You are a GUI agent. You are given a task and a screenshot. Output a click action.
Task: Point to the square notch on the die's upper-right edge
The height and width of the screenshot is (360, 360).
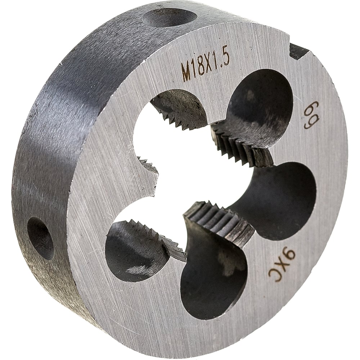(300, 52)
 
